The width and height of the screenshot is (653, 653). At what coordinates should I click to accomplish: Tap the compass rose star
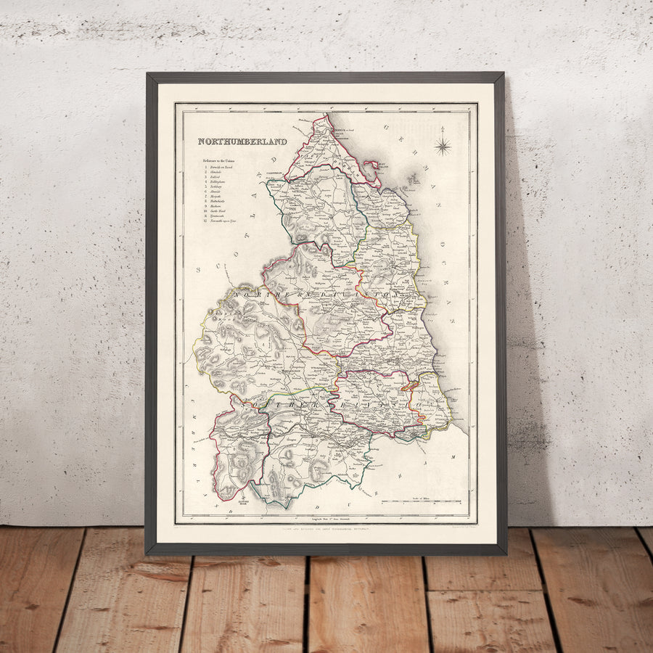click(x=443, y=147)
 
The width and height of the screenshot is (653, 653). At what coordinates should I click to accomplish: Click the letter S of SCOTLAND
click(x=199, y=270)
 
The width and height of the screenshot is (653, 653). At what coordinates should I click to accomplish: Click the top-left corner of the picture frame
click(x=148, y=74)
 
